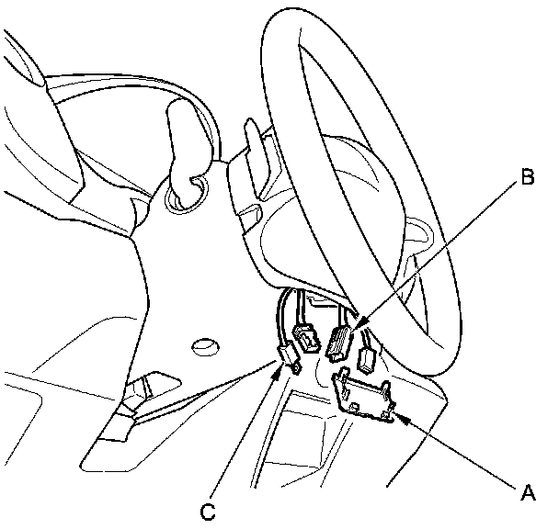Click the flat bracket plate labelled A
(368, 395)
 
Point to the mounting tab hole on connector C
(297, 366)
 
